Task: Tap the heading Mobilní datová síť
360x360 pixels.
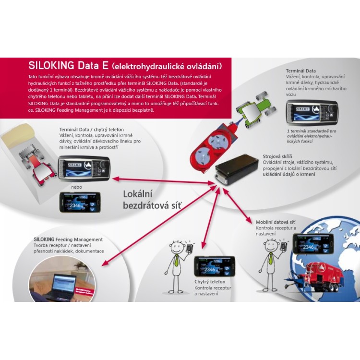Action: click(x=275, y=222)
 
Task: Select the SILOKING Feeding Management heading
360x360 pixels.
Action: click(x=68, y=240)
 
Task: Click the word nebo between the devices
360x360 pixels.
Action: click(x=76, y=187)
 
